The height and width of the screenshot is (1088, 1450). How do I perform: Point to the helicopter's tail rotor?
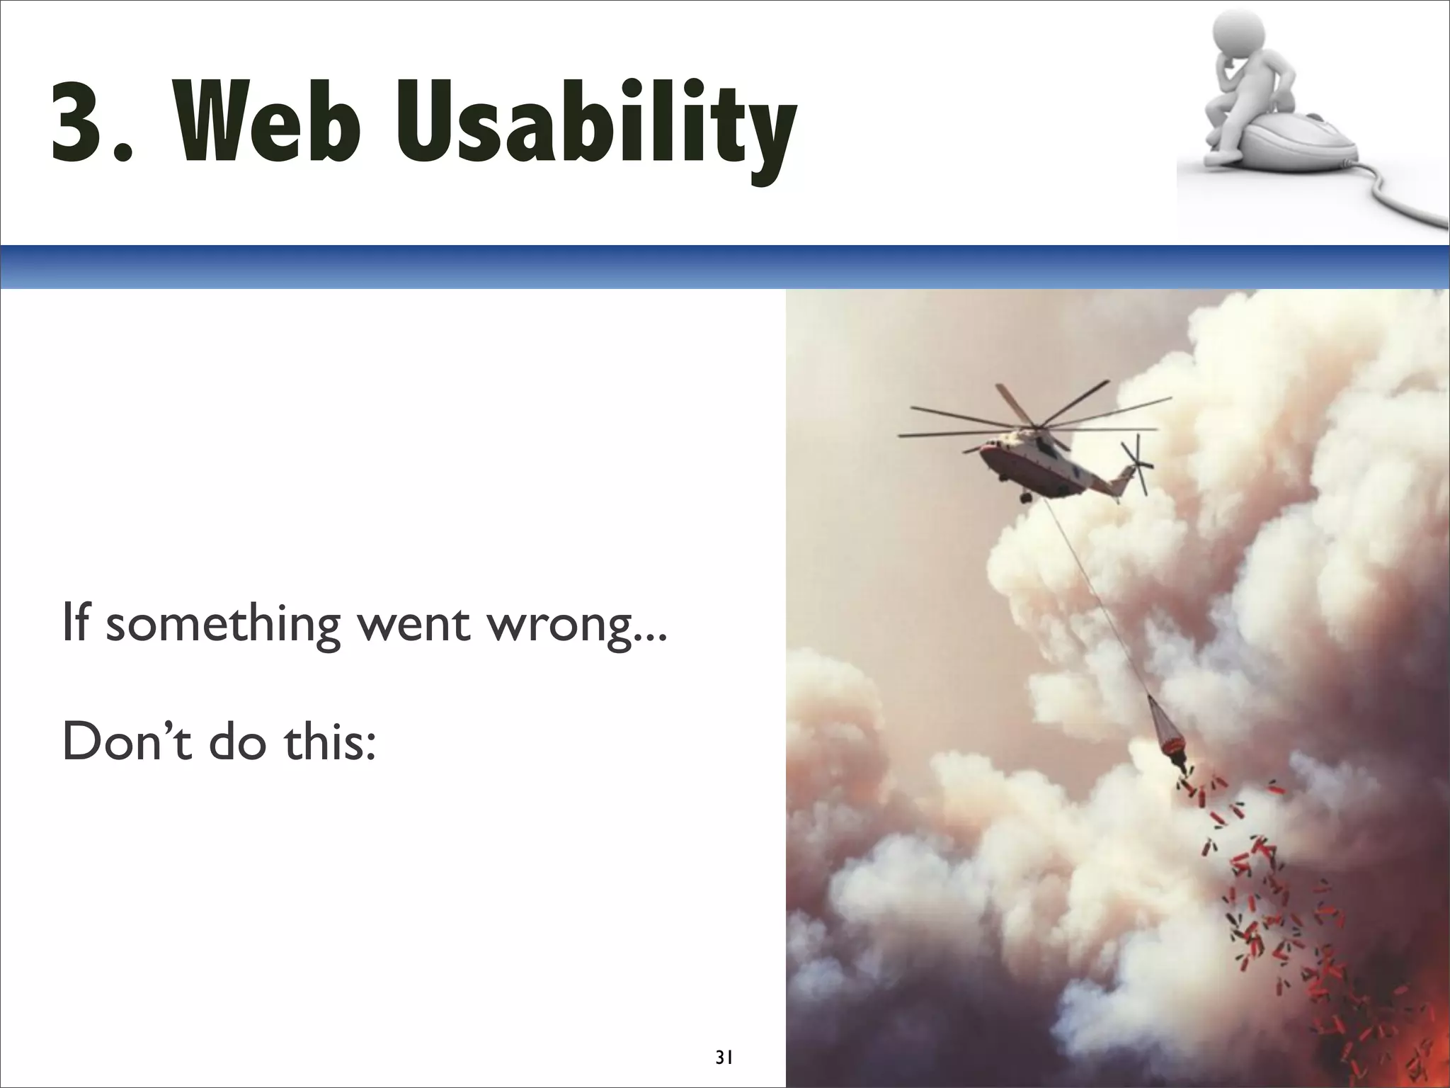(1135, 464)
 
